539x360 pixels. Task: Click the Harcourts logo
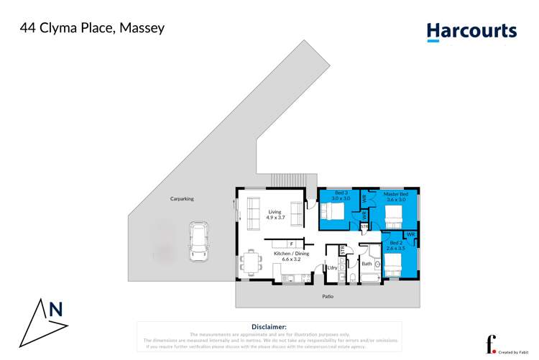[471, 32]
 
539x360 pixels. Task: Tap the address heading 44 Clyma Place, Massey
[91, 29]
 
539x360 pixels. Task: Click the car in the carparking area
[198, 241]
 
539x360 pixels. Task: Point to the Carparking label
[182, 199]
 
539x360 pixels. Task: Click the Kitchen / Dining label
[290, 256]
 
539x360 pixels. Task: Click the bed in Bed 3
[333, 212]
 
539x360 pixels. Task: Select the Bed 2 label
[397, 245]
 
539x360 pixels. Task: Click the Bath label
[367, 264]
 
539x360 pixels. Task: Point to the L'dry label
[332, 269]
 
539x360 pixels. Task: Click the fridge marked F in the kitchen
[282, 244]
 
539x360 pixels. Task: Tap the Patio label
[327, 296]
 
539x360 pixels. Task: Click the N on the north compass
[55, 310]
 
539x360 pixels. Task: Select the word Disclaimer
[269, 326]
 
